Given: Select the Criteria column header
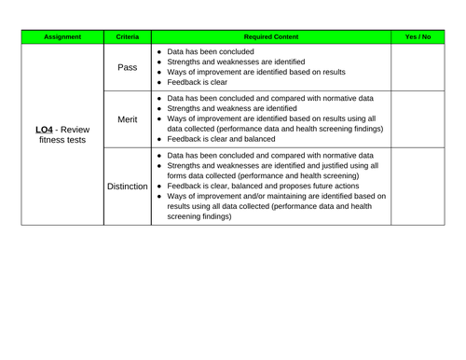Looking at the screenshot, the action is (128, 36).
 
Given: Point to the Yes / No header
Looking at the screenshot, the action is (418, 36).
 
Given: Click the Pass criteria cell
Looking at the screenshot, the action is (128, 67).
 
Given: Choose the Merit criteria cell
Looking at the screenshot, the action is (128, 119).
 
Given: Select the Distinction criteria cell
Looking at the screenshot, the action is (128, 187).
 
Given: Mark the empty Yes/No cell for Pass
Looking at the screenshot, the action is (418, 67).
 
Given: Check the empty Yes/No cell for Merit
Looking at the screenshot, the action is (418, 119).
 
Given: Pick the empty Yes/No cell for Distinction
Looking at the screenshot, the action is (418, 187).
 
